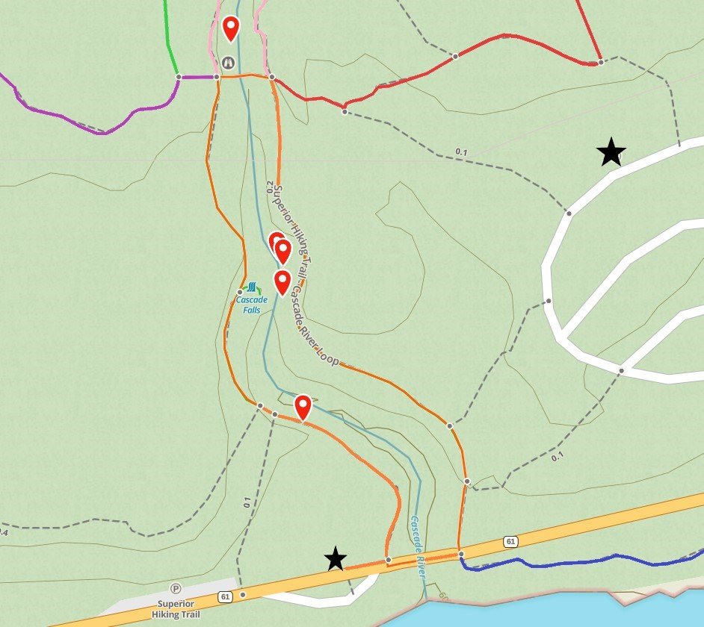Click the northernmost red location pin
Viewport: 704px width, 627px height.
(x=231, y=28)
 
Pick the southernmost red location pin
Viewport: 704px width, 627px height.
(x=303, y=406)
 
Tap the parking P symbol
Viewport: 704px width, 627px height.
(x=176, y=589)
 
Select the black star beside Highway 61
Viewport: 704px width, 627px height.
(x=336, y=558)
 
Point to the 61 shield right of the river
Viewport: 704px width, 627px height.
(x=510, y=541)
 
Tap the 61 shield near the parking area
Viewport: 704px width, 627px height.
(x=225, y=596)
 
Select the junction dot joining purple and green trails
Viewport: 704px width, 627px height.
(x=178, y=77)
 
